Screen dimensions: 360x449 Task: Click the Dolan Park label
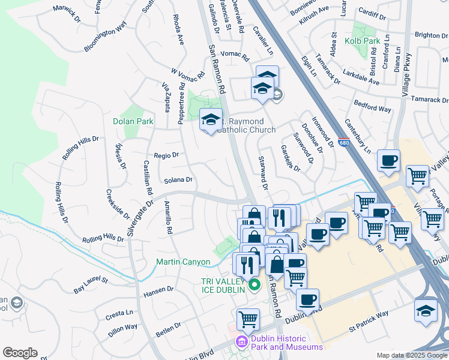133,121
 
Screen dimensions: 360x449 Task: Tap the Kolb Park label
363,41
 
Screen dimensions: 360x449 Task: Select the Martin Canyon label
183,262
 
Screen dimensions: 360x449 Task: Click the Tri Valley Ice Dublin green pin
254,284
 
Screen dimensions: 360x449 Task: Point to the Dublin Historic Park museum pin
241,342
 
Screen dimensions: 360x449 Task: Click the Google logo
20,353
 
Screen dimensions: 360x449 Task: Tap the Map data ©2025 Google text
411,355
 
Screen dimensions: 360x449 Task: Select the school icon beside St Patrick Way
426,311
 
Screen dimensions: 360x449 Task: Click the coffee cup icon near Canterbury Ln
389,161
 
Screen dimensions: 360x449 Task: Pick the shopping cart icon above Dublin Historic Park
248,319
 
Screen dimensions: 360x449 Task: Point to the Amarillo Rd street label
169,218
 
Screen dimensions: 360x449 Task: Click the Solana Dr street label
178,179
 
